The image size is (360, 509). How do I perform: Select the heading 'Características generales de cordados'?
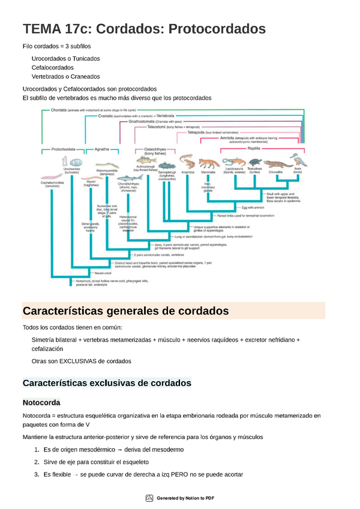click(x=125, y=311)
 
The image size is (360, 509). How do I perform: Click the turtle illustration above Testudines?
click(x=255, y=161)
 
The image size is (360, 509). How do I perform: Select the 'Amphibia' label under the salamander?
click(x=187, y=173)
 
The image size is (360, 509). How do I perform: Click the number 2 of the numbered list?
click(x=37, y=462)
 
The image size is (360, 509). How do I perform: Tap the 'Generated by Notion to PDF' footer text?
click(x=185, y=498)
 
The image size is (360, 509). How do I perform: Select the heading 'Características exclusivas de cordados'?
click(x=106, y=382)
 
